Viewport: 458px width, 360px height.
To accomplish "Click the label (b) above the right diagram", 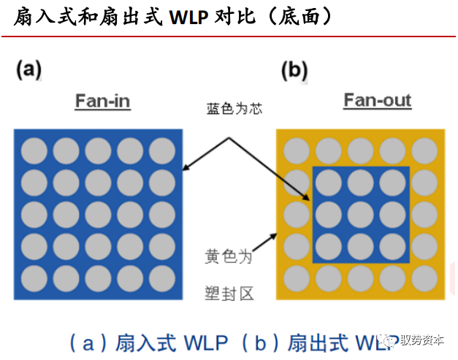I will tap(294, 70).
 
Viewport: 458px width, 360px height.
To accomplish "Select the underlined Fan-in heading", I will tap(102, 101).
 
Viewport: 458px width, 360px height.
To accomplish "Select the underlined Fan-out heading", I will tap(377, 101).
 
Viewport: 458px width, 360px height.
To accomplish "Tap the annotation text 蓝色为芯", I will tap(234, 110).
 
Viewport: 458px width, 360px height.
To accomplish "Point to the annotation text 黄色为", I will tap(228, 257).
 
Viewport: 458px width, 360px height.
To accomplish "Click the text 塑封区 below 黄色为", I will tap(228, 294).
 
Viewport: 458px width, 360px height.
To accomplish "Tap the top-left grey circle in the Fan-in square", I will tap(34, 150).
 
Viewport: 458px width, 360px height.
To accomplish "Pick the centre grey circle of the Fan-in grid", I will tap(98, 215).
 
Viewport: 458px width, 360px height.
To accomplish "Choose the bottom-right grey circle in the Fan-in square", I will tap(162, 278).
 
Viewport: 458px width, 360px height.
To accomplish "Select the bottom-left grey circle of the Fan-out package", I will tap(295, 278).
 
